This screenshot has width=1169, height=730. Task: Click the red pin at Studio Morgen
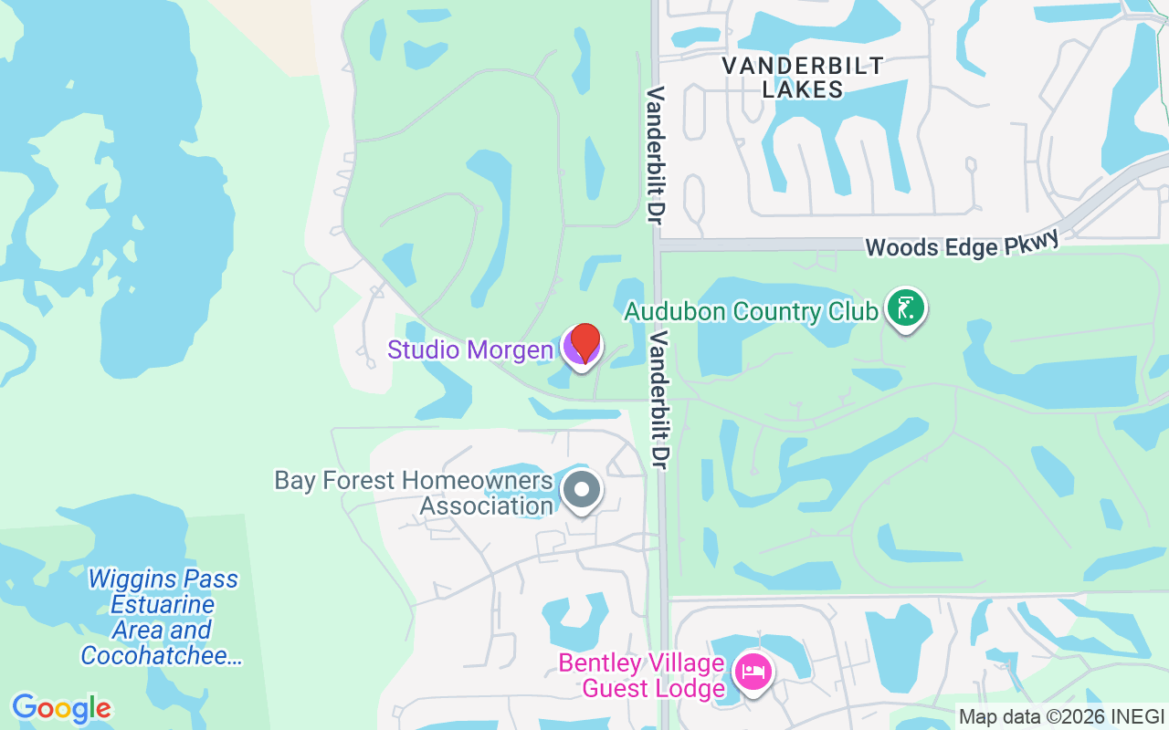click(584, 343)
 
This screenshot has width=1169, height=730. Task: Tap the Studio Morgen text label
click(470, 349)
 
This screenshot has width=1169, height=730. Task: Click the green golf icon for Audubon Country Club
click(905, 308)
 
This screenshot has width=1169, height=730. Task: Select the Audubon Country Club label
click(751, 312)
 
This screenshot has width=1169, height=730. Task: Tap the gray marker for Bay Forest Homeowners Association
click(582, 490)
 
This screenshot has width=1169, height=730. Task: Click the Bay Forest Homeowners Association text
click(415, 493)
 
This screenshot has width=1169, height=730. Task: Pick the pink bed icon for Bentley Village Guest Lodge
click(753, 673)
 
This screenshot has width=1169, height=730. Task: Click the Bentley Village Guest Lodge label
click(642, 675)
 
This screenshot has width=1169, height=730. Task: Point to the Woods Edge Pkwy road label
click(963, 245)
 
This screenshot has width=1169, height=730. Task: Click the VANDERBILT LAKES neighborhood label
click(803, 78)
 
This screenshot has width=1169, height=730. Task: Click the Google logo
click(61, 708)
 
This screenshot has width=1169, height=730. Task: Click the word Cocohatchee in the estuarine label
click(162, 655)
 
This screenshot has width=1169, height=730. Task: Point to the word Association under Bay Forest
click(486, 506)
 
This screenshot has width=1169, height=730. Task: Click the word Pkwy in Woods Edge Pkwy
click(1028, 242)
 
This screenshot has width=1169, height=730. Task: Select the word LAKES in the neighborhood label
click(803, 89)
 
